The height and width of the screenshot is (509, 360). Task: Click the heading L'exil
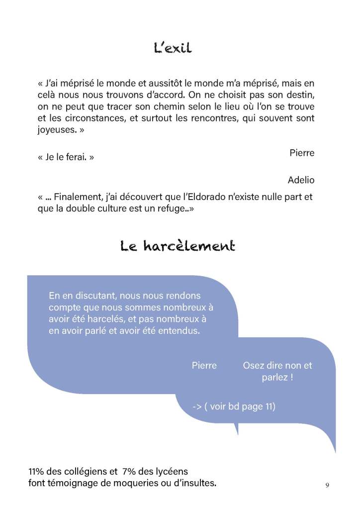click(172, 48)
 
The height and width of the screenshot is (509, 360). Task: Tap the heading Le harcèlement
click(178, 246)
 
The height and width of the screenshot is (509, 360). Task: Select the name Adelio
click(301, 180)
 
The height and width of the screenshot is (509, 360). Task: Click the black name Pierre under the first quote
click(302, 153)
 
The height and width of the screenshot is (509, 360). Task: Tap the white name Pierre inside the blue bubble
click(204, 365)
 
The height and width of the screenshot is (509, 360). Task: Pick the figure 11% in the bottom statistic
click(37, 471)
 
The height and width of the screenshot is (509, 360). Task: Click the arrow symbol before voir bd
click(196, 407)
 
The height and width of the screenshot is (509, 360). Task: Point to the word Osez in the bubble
click(253, 365)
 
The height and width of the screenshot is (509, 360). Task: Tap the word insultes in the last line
click(197, 483)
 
